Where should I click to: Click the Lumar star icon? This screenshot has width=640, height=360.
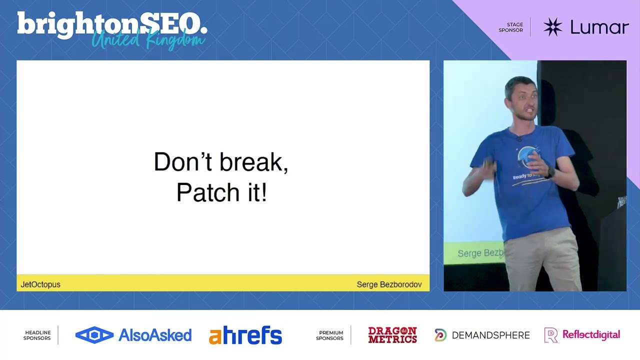(x=552, y=27)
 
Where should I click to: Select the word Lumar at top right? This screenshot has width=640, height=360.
(x=599, y=27)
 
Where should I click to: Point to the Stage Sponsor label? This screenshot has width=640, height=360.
(x=511, y=27)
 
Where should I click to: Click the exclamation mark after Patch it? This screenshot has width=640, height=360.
(x=263, y=192)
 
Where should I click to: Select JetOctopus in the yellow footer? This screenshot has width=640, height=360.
(x=40, y=284)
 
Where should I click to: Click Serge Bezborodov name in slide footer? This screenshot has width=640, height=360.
(x=389, y=284)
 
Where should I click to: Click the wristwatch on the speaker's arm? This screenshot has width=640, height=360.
(x=550, y=173)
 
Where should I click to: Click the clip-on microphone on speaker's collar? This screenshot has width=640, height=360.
(x=519, y=138)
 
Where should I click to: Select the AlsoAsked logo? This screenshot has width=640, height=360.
(x=133, y=335)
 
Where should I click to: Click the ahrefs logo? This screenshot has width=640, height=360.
(x=245, y=335)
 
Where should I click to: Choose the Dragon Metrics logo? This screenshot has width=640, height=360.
(x=392, y=335)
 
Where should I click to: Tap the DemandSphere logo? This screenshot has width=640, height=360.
(x=482, y=335)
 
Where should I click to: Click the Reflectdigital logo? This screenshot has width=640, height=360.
(x=582, y=335)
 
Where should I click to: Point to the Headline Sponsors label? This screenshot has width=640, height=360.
(x=37, y=335)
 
